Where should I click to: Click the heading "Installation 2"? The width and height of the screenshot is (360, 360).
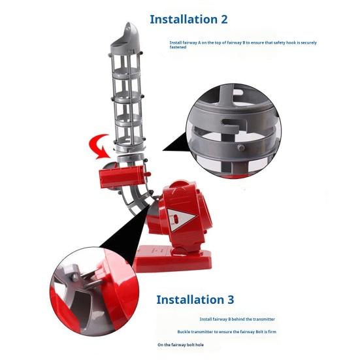189,20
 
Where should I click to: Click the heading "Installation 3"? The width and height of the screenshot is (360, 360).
195,300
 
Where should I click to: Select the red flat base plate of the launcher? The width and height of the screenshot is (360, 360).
172,259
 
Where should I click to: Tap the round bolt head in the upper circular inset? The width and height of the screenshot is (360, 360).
240,148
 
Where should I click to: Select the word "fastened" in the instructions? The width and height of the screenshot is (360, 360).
178,47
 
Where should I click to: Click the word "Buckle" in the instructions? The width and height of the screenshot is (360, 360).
184,332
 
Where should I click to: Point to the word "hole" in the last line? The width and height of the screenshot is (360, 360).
199,344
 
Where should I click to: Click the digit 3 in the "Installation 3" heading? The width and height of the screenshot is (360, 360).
230,300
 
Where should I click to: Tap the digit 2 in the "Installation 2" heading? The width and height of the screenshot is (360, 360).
224,20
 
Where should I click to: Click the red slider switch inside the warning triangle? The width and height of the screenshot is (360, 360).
176,219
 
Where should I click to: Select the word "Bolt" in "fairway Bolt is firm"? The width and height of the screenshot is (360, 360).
260,332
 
